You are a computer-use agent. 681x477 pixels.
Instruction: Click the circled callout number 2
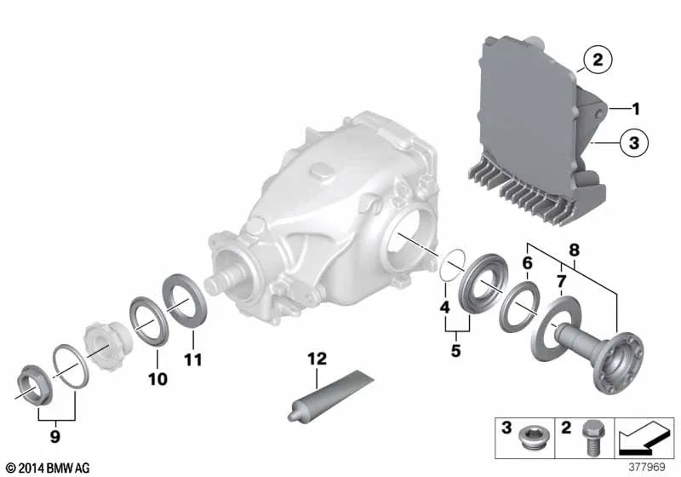[598, 60]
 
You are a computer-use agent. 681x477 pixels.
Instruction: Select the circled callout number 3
[633, 142]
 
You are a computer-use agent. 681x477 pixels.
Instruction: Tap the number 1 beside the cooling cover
[636, 109]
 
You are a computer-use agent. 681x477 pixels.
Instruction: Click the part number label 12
[317, 359]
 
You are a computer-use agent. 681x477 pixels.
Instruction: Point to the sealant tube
[330, 396]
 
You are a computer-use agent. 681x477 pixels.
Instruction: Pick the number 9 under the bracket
[54, 436]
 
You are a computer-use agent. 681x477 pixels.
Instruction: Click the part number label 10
[157, 379]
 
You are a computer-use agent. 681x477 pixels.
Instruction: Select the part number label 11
[192, 359]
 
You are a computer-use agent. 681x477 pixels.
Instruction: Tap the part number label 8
[574, 250]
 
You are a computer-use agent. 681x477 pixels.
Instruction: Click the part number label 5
[455, 350]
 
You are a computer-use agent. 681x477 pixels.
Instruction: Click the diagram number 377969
[647, 467]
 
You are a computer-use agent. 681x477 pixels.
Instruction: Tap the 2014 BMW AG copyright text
[49, 468]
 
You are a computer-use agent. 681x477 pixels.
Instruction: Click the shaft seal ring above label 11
[184, 300]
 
